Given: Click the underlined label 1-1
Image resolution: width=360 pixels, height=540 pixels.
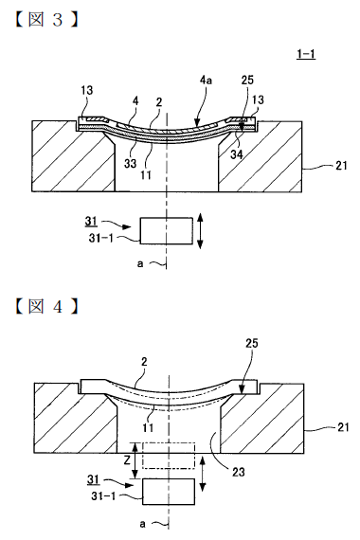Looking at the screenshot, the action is pyautogui.click(x=306, y=54).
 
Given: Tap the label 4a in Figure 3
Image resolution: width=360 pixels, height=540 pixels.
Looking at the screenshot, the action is pyautogui.click(x=206, y=81).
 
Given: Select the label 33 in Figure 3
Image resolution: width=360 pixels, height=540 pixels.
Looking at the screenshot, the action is pyautogui.click(x=130, y=163).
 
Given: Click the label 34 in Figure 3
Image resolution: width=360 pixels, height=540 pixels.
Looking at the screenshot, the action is pyautogui.click(x=237, y=154).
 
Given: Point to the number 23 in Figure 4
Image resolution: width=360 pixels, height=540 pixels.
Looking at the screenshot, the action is pyautogui.click(x=238, y=472).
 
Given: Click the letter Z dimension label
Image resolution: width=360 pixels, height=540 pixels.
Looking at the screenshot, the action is pyautogui.click(x=128, y=460).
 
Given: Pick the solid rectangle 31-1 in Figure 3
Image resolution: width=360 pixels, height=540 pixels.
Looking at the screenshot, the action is pyautogui.click(x=167, y=231).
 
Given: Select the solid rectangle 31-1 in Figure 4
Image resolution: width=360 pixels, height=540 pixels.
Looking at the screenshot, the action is pyautogui.click(x=169, y=492).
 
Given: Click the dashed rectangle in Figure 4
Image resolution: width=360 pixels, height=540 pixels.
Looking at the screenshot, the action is pyautogui.click(x=169, y=456).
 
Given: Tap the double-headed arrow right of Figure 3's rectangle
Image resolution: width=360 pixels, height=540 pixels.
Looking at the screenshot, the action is pyautogui.click(x=200, y=231).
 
